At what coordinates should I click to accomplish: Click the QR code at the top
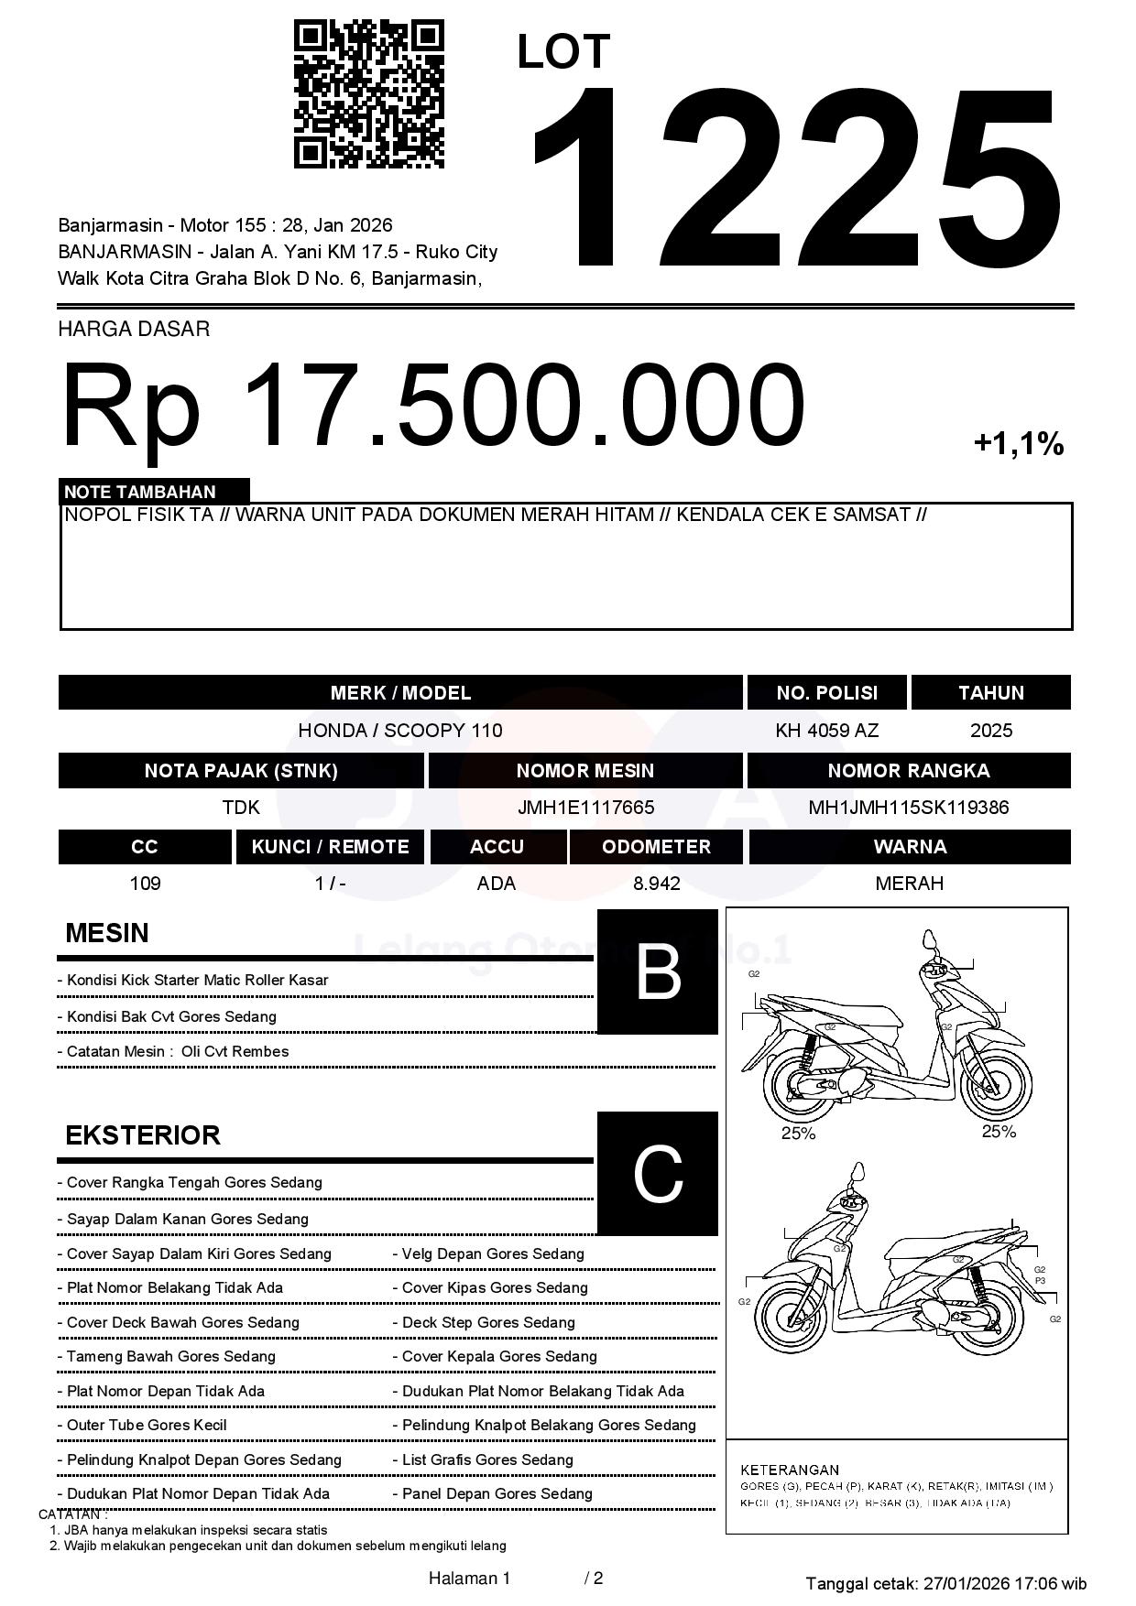pos(368,94)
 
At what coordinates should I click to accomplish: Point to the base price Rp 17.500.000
pos(432,405)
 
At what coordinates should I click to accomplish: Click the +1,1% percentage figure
pos(1018,444)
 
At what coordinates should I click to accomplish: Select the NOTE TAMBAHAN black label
pos(154,492)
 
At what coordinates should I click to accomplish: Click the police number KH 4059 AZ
pos(826,731)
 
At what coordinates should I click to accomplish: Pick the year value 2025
pos(990,731)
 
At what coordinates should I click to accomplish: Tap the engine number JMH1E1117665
pos(585,808)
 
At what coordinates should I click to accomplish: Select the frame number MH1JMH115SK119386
pos(908,808)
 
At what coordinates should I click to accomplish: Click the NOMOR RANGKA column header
pos(908,771)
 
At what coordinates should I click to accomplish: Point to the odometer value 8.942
pos(656,884)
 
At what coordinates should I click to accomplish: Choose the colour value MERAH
pos(909,884)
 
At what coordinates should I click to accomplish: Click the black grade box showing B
pos(657,972)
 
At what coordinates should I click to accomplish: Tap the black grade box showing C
pos(657,1174)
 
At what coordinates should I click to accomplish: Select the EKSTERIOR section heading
pos(143,1135)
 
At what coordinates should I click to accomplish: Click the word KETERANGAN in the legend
pos(789,1470)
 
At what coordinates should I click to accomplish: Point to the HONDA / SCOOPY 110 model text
pos(400,731)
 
